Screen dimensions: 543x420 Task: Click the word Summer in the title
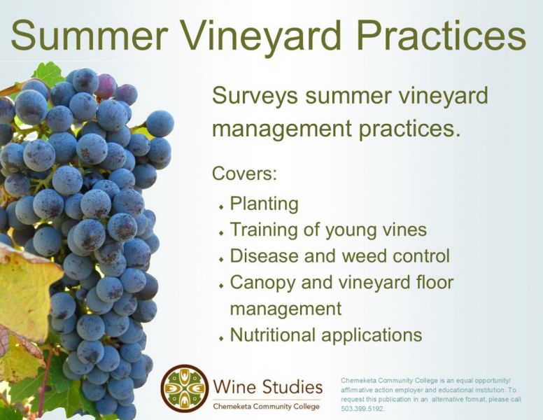click(90, 35)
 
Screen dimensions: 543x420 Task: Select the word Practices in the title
click(442, 35)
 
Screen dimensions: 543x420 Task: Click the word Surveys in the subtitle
click(255, 97)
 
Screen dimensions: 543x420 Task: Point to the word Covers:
click(244, 174)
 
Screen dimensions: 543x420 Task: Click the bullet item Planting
click(265, 204)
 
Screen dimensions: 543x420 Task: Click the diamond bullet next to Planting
click(221, 207)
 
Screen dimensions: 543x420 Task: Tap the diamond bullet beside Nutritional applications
click(221, 338)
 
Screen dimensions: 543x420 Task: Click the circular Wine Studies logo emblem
click(185, 388)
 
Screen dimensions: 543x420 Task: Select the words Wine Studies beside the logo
click(268, 387)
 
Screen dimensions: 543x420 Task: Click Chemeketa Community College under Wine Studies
click(267, 407)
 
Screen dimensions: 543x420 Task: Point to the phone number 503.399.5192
click(362, 409)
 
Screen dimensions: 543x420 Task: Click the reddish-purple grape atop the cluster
click(106, 85)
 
